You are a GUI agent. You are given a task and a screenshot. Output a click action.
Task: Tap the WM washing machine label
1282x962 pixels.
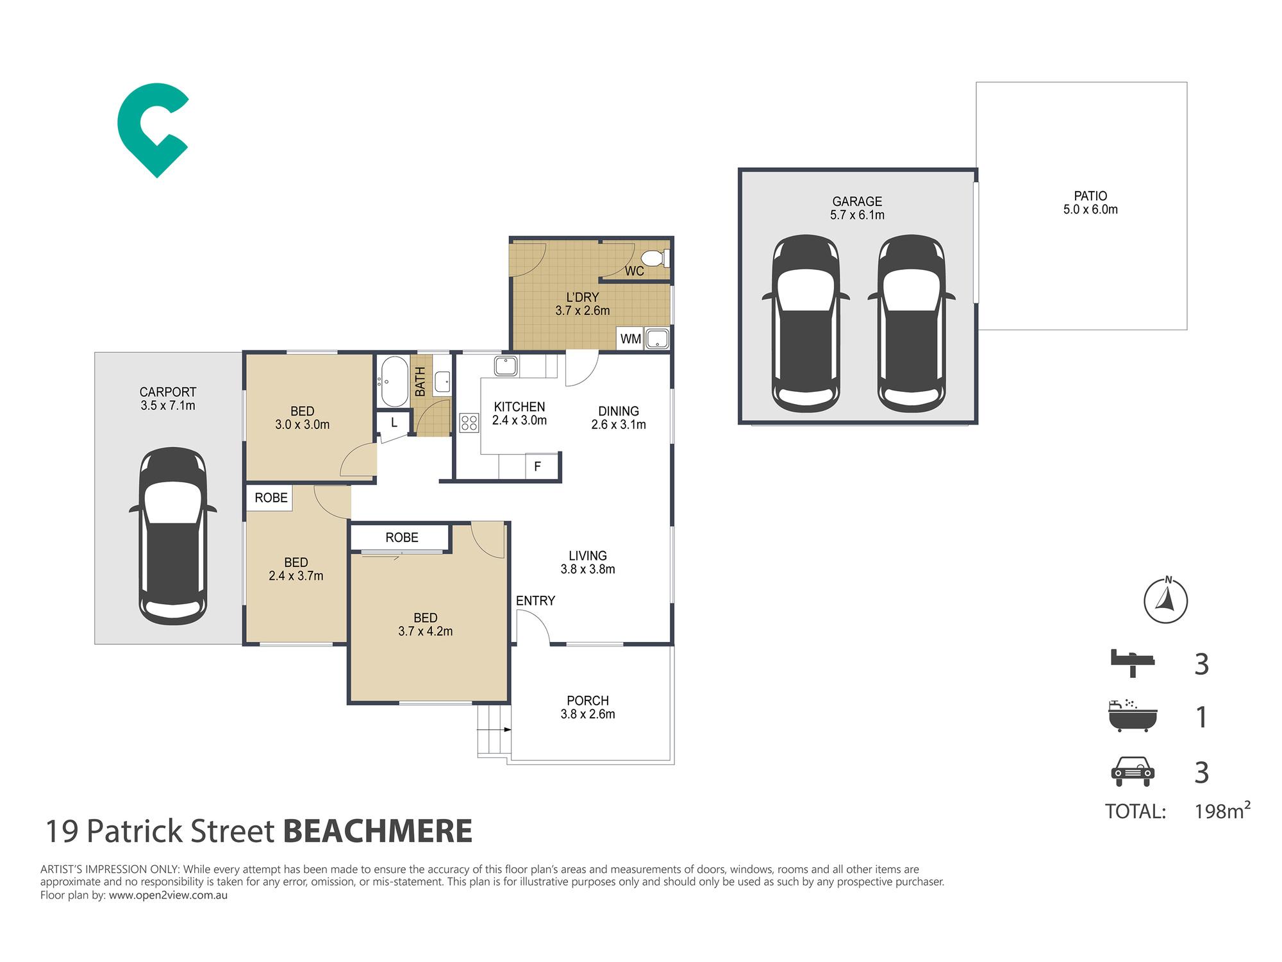(631, 339)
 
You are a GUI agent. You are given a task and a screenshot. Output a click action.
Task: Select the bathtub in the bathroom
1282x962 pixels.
(394, 382)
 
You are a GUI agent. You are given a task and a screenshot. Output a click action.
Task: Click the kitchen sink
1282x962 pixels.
(506, 366)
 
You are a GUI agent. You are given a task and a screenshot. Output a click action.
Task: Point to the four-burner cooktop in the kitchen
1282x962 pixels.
(469, 422)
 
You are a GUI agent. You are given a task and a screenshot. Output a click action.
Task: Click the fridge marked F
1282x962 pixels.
(537, 466)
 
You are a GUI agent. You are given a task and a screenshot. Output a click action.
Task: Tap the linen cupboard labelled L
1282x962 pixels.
(394, 423)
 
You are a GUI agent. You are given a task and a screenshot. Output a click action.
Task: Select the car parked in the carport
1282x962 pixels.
(173, 536)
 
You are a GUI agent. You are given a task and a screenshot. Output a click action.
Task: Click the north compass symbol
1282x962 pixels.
(1165, 601)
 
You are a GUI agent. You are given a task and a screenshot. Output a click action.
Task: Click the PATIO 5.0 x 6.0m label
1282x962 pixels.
(1090, 203)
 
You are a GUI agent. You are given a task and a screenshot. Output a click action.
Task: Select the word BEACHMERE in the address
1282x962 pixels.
(378, 831)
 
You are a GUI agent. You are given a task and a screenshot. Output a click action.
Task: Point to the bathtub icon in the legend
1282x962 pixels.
(1133, 716)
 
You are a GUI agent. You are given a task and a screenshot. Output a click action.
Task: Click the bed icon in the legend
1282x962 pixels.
(1132, 662)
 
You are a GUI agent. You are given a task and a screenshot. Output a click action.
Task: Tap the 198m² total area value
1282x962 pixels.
(1222, 811)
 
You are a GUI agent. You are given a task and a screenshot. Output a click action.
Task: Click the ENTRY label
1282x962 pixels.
(535, 601)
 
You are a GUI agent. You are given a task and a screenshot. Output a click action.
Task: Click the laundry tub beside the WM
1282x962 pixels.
(657, 339)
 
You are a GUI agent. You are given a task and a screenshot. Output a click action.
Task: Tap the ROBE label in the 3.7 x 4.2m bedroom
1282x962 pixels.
(402, 537)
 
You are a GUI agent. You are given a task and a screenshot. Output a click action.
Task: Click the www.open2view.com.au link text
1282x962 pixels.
(168, 895)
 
